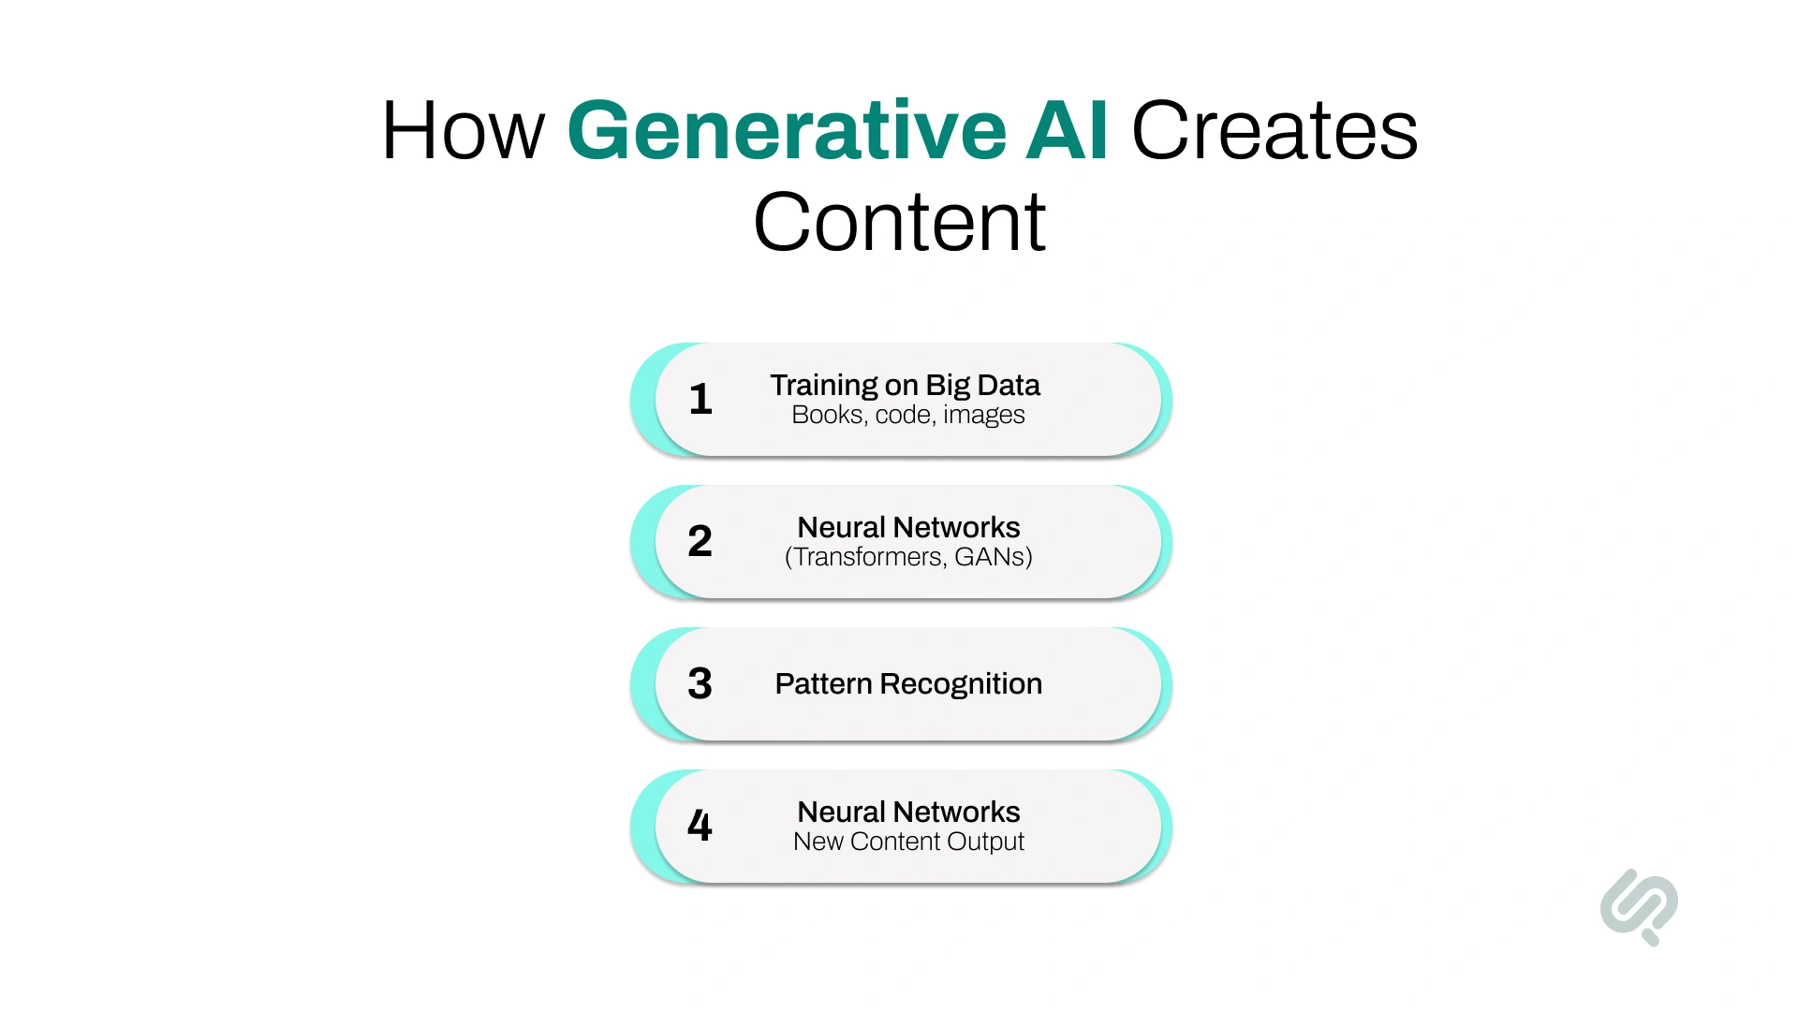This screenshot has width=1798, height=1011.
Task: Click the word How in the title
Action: (x=463, y=131)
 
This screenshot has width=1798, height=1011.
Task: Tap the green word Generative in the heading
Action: (x=787, y=131)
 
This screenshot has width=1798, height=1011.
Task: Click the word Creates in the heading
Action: (x=1275, y=131)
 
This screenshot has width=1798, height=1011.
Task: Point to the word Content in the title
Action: (x=899, y=223)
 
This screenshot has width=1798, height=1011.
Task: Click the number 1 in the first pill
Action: (x=700, y=400)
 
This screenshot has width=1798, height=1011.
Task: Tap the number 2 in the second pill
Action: (x=700, y=541)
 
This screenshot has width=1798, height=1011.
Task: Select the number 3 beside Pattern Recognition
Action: (x=700, y=683)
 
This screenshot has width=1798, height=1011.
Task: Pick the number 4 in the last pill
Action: (x=700, y=826)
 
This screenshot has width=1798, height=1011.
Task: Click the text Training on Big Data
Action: (x=905, y=385)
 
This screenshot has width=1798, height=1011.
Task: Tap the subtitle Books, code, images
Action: (x=907, y=415)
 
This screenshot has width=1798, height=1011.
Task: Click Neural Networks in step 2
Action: (x=908, y=527)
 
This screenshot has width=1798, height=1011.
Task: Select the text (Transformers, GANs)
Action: (x=908, y=557)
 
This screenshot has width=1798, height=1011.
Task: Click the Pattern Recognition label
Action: (x=907, y=684)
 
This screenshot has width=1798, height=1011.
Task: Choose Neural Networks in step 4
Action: (x=908, y=812)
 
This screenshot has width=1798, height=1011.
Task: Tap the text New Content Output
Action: (x=908, y=842)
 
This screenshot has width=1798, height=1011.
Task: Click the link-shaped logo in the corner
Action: (x=1639, y=906)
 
